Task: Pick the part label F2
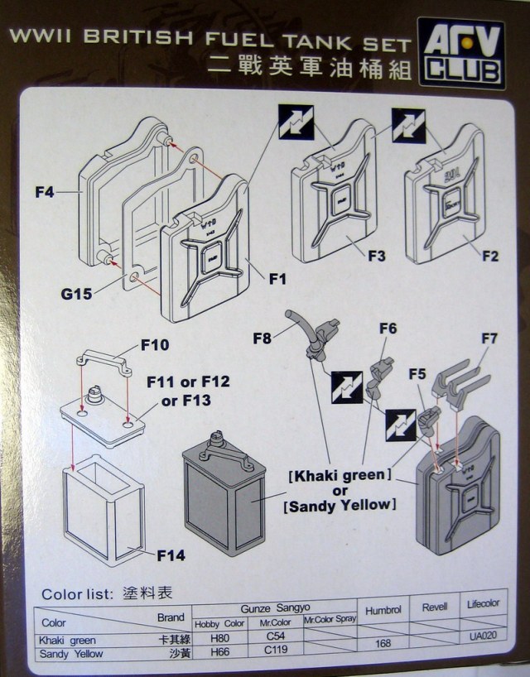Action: tap(489, 256)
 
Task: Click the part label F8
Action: tap(263, 337)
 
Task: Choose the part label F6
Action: tap(388, 329)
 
